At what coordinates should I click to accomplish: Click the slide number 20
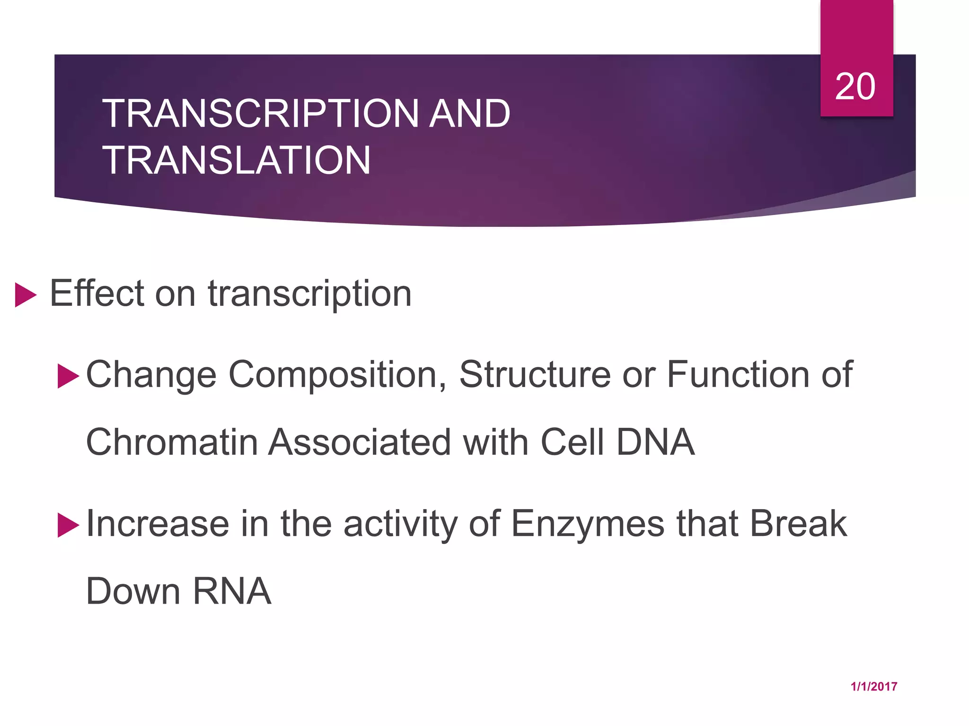855,87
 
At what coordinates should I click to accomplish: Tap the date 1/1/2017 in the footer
873,687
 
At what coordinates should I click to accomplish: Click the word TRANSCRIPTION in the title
260,114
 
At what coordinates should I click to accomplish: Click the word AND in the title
469,114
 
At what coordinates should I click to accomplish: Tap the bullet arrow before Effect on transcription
25,295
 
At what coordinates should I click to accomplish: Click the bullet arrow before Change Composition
68,376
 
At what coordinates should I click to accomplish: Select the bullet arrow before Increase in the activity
68,526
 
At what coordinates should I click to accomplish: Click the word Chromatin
172,442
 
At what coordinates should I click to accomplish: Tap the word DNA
655,442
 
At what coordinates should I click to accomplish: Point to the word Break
799,524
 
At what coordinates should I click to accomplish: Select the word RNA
232,591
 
